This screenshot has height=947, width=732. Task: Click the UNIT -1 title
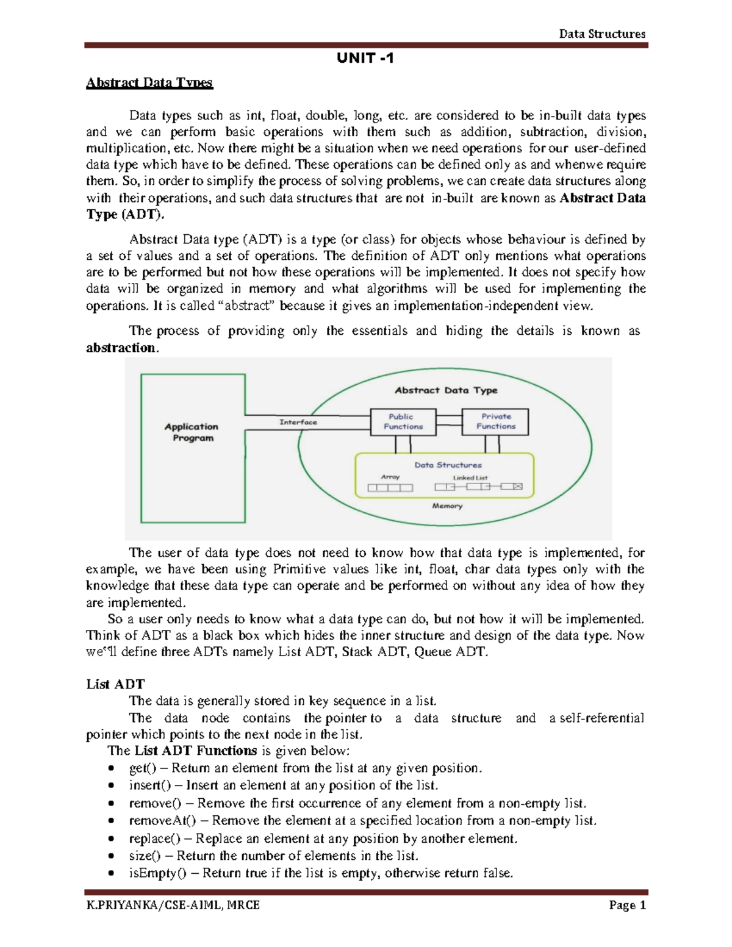pyautogui.click(x=365, y=59)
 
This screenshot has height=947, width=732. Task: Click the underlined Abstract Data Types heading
pyautogui.click(x=149, y=83)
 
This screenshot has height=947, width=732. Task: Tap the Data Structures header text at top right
pyautogui.click(x=602, y=34)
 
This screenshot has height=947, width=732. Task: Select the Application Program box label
pyautogui.click(x=192, y=432)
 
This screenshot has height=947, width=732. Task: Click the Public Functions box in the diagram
pyautogui.click(x=403, y=421)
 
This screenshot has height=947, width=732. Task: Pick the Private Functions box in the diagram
pyautogui.click(x=495, y=421)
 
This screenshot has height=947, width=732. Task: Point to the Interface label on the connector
pyautogui.click(x=298, y=422)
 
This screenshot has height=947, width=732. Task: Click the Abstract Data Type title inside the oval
pyautogui.click(x=446, y=390)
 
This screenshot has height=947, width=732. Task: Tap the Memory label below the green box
pyautogui.click(x=447, y=506)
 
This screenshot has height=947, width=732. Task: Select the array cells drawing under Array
pyautogui.click(x=390, y=488)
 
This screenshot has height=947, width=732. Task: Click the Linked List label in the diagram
pyautogui.click(x=470, y=477)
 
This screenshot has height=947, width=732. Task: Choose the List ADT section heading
pyautogui.click(x=115, y=684)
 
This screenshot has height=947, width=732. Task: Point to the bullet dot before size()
pyautogui.click(x=110, y=856)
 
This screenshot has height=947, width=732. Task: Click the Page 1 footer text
pyautogui.click(x=627, y=906)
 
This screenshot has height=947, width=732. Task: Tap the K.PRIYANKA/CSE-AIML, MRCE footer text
pyautogui.click(x=173, y=906)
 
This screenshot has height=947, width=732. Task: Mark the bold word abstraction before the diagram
pyautogui.click(x=121, y=348)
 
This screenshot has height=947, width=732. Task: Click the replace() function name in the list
pyautogui.click(x=154, y=838)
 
